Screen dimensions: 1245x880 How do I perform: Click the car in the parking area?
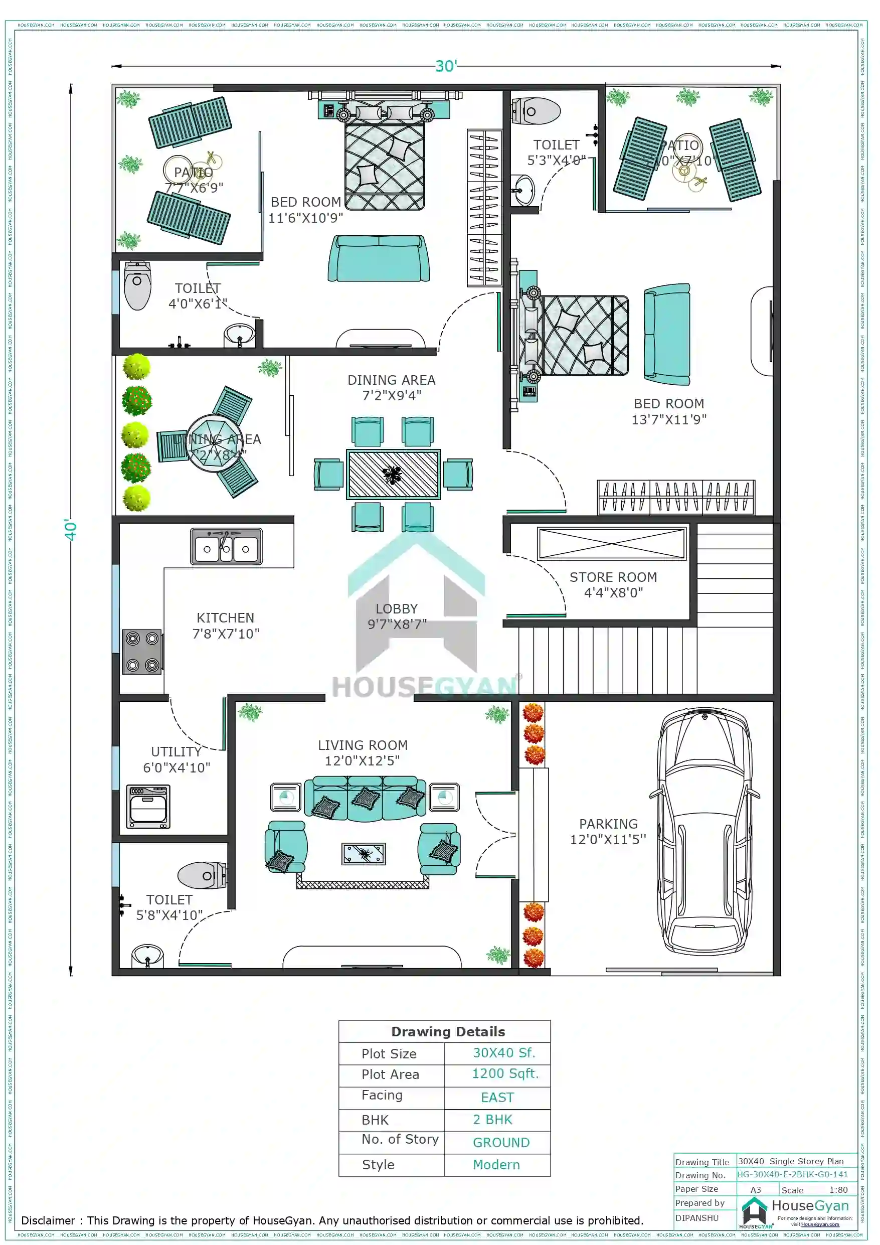705,835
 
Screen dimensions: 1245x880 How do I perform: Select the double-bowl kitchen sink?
226,547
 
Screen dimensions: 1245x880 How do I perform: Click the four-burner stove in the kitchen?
142,651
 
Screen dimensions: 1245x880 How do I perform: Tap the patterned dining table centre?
393,475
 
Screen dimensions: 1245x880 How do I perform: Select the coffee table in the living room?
363,854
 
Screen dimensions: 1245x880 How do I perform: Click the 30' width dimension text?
446,66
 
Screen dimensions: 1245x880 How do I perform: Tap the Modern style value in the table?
495,1164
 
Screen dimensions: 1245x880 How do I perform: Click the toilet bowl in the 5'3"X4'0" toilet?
536,111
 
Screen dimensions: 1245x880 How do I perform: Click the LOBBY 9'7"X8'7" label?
397,616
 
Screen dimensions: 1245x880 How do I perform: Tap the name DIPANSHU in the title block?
697,1217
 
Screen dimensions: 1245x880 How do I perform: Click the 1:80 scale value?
838,1190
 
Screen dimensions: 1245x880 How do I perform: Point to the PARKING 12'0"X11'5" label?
608,831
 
